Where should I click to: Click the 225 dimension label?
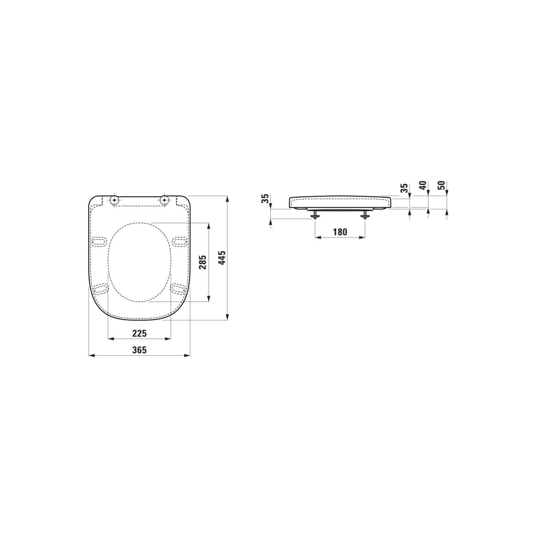(139, 333)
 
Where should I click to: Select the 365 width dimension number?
(139, 350)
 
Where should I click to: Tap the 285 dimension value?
(203, 262)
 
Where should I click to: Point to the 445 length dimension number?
(222, 258)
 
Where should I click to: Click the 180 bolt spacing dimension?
(340, 232)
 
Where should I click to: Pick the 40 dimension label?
(423, 185)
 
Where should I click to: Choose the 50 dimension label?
(442, 185)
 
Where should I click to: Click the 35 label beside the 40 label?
(404, 188)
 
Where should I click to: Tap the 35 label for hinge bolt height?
(266, 198)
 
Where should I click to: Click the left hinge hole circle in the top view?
(115, 200)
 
